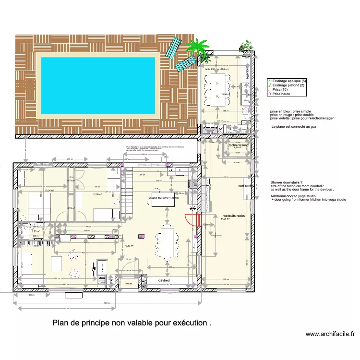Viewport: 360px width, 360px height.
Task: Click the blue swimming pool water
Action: [x=98, y=86]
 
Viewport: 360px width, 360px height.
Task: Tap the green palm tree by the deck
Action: [x=197, y=48]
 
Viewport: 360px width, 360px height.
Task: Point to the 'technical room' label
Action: [x=239, y=144]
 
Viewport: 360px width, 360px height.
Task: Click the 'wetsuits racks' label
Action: [x=234, y=216]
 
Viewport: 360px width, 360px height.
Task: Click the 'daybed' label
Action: [x=165, y=280]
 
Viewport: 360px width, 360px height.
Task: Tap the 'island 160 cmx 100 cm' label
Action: [x=164, y=198]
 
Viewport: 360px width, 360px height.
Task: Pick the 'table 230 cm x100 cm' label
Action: [x=218, y=70]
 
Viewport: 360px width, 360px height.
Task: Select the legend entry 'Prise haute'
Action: [x=281, y=94]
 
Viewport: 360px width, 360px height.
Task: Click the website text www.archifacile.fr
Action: [x=330, y=334]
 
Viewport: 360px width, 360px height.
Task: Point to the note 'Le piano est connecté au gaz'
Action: [x=294, y=127]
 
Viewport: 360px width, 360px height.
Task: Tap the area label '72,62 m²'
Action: [x=129, y=246]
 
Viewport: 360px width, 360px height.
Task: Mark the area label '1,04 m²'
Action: [x=128, y=284]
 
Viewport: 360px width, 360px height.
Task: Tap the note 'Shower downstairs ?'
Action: [x=287, y=183]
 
